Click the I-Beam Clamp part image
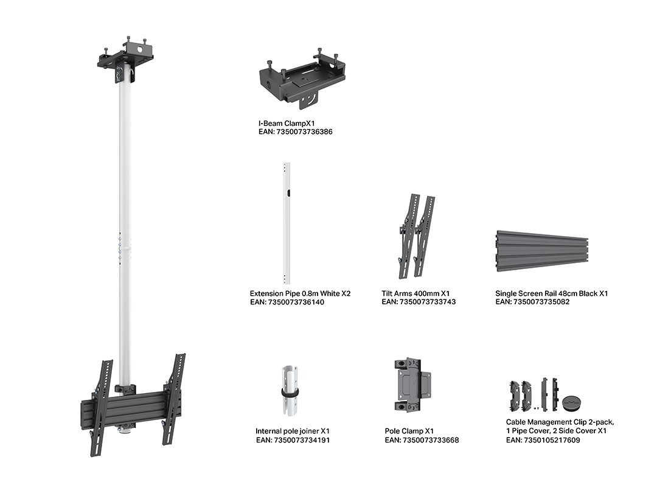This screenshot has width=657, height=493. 302,80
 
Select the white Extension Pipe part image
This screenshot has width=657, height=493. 287,223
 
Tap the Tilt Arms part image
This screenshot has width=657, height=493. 416,236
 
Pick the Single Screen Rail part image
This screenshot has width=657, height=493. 543,251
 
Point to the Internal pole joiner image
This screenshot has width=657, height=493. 290,391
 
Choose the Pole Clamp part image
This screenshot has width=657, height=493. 412,385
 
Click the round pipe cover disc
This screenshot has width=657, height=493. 572,402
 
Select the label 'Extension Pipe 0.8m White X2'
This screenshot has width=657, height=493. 300,293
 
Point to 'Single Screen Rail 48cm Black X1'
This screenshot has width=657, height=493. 551,293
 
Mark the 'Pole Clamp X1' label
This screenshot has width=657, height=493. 409,431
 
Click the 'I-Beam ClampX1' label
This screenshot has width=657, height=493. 287,124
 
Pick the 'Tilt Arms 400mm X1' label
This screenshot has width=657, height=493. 415,293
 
